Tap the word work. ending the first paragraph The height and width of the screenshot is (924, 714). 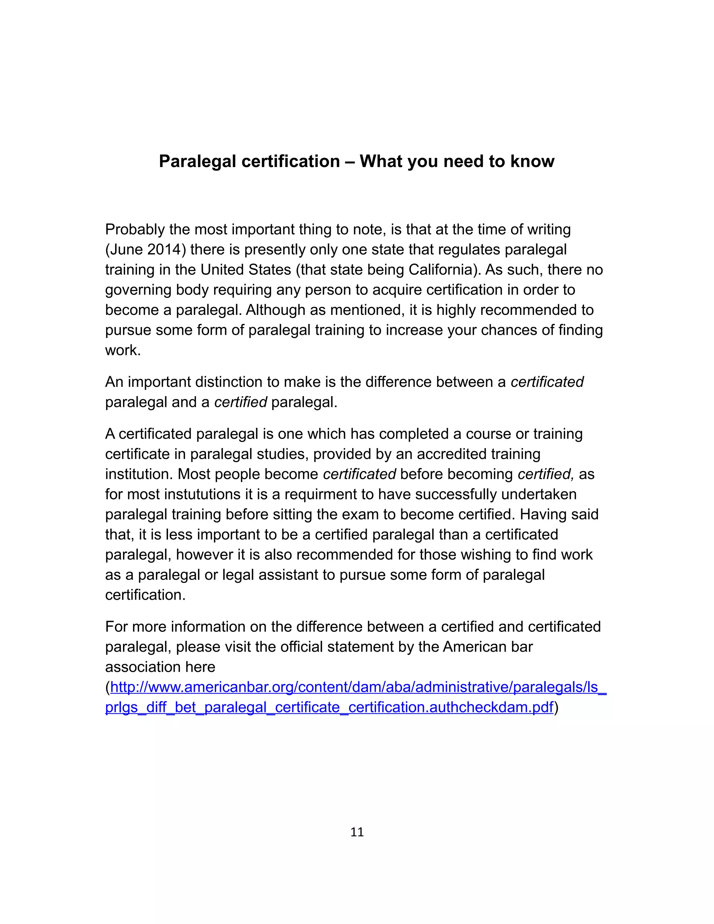click(x=123, y=350)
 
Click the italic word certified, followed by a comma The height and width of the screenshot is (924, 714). click(x=546, y=474)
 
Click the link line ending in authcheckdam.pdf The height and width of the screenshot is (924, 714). click(x=329, y=707)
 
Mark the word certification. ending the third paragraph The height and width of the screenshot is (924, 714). click(x=145, y=595)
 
